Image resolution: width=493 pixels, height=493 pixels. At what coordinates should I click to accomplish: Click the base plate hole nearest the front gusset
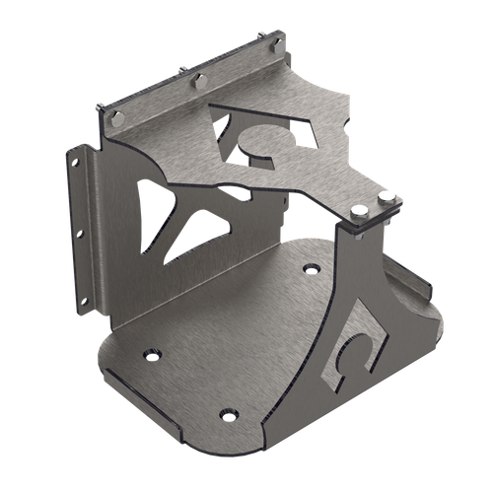coord(312,266)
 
